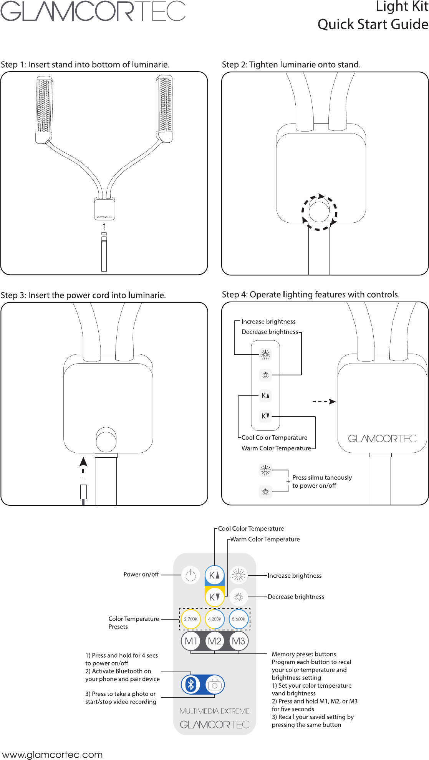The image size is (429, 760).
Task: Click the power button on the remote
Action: tap(190, 575)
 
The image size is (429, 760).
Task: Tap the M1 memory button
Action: tap(191, 641)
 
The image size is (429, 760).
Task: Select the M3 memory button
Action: tap(239, 641)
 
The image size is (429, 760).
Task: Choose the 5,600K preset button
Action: tap(239, 619)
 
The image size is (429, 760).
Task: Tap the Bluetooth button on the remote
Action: tap(191, 685)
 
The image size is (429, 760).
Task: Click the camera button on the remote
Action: tap(215, 685)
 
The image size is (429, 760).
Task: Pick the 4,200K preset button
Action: tap(215, 619)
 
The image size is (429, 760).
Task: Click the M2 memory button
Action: tap(215, 641)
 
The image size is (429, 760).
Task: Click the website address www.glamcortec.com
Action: tap(52, 755)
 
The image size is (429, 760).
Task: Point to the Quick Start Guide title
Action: tap(373, 25)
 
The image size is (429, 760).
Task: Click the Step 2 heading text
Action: tap(291, 65)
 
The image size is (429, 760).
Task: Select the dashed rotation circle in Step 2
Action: tap(319, 212)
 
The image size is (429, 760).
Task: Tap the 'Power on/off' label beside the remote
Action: tap(141, 574)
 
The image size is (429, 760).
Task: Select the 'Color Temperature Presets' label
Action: tap(133, 622)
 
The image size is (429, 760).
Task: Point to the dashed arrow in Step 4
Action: tap(324, 402)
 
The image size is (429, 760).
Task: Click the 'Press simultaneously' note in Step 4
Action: tap(322, 481)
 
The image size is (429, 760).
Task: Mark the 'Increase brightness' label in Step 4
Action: tap(268, 322)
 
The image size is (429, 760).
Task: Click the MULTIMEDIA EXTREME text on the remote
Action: tap(214, 711)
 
